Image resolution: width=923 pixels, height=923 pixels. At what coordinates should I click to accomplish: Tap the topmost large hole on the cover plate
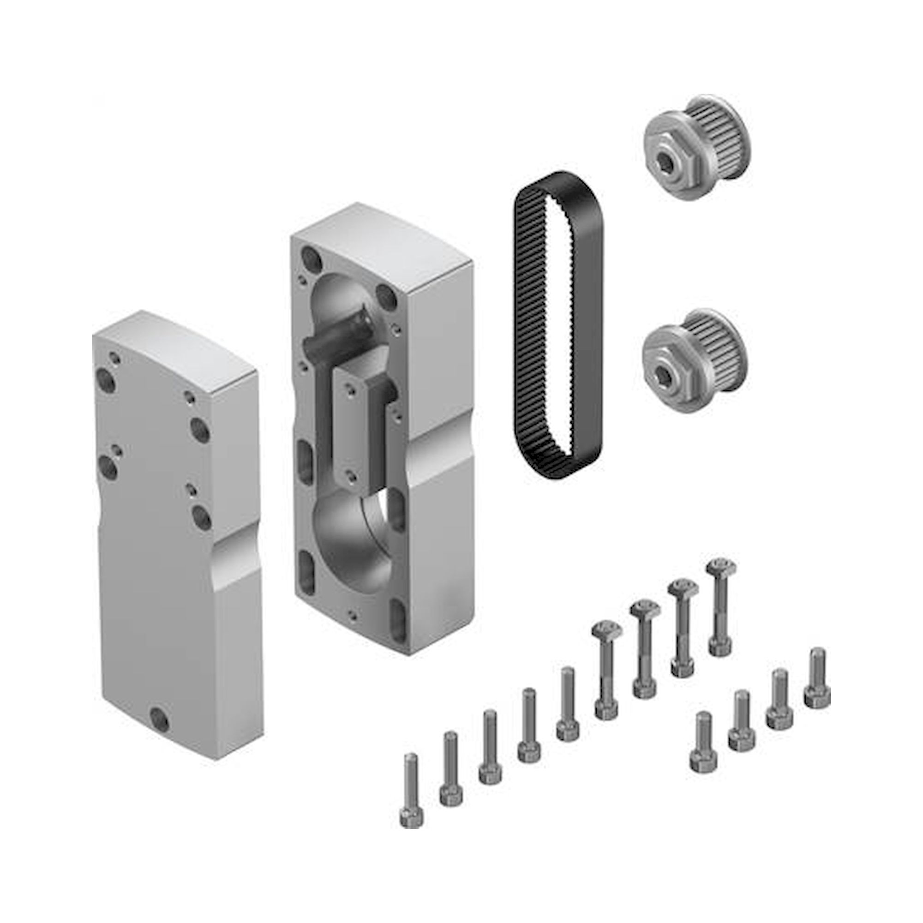click(106, 380)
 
